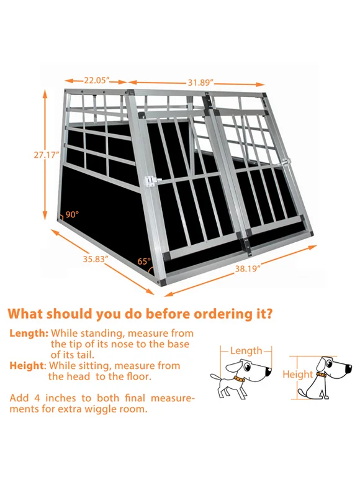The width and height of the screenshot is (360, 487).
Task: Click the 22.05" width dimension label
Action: (97, 81)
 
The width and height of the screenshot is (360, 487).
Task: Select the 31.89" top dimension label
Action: (201, 82)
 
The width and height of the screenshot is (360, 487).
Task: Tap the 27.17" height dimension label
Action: (47, 155)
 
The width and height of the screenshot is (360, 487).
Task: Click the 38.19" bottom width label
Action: (248, 268)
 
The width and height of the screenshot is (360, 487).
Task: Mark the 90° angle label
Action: (72, 214)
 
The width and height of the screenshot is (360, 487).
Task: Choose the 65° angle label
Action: (144, 261)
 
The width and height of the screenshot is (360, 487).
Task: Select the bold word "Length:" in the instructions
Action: (29, 333)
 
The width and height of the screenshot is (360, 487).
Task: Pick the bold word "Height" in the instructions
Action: (27, 365)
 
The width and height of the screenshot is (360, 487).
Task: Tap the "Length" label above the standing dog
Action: (246, 351)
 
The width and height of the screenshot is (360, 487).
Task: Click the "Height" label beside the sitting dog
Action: (298, 374)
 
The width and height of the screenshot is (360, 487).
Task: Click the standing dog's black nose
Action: (269, 370)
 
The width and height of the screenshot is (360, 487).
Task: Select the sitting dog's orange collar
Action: (321, 375)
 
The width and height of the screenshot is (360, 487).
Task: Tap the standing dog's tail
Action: (215, 377)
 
